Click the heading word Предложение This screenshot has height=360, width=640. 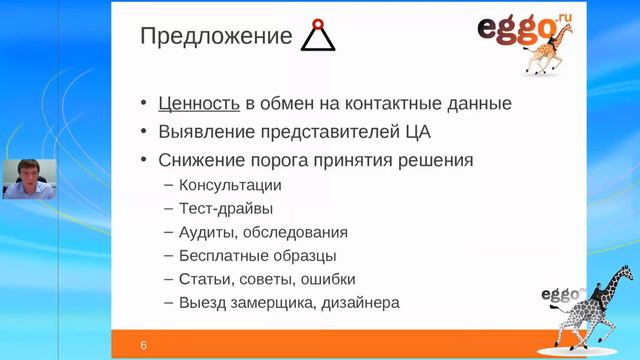click(214, 37)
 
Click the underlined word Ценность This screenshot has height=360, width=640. click(198, 103)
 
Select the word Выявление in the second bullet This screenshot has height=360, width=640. click(205, 131)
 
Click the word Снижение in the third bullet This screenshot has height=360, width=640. click(203, 160)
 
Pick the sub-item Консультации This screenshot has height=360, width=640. click(230, 185)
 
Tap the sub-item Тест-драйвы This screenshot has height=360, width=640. click(226, 209)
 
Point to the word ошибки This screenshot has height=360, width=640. click(327, 279)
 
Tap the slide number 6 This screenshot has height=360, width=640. click(144, 346)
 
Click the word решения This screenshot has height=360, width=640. click(436, 160)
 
